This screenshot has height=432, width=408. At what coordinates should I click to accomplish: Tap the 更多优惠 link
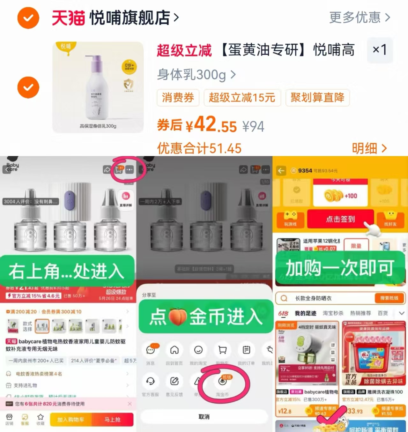coord(360,17)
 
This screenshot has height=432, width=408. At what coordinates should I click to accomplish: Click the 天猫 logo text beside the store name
coord(68,18)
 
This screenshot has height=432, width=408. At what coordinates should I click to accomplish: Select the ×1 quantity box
coord(380,50)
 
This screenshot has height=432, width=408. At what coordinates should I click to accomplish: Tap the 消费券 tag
coord(178,97)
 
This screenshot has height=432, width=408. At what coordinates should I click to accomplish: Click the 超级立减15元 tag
coord(242,97)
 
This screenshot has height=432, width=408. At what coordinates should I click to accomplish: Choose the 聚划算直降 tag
coord(317,97)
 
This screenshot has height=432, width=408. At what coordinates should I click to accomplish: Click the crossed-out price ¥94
coord(253,127)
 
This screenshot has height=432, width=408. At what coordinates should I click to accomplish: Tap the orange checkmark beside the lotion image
coord(28,87)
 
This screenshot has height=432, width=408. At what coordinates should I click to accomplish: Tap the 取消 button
coord(204,417)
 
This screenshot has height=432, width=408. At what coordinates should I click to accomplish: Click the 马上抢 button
coord(112,420)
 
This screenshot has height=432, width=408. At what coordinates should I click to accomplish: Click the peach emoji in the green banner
coord(177,317)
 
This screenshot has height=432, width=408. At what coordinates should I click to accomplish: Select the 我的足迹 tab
coord(305,313)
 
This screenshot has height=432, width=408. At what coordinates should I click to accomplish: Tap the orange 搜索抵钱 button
coord(389,298)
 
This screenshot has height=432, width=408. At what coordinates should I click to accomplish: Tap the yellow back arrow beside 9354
coord(281,171)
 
